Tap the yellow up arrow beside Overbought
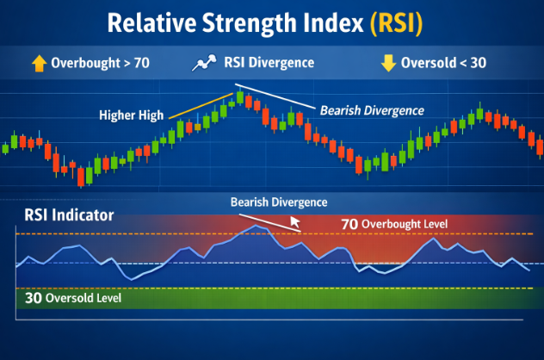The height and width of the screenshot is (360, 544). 39,63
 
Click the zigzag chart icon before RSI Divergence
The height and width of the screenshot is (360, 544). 203,63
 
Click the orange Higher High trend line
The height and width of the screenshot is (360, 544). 200,104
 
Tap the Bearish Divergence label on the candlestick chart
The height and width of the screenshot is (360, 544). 372,110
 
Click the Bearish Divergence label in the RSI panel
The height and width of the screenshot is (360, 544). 279,202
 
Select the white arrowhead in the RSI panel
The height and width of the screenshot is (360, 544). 294,223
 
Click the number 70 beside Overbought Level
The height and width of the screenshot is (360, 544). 349,224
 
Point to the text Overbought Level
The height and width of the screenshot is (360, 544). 404,224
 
